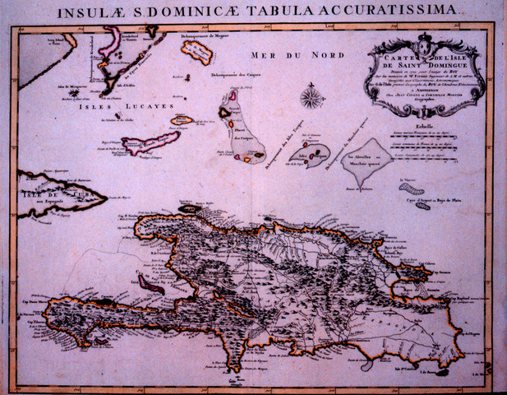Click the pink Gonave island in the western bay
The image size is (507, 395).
pyautogui.click(x=151, y=284)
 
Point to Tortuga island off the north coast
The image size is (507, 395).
pyautogui.click(x=188, y=209)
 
